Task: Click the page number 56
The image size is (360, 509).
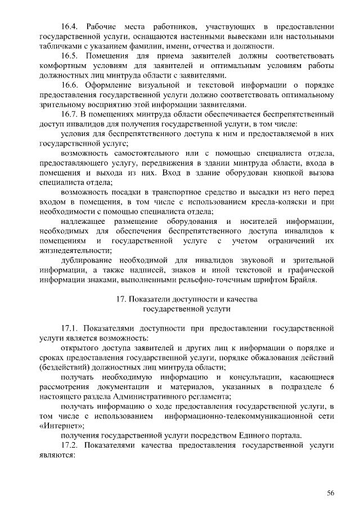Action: [x=330, y=493]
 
